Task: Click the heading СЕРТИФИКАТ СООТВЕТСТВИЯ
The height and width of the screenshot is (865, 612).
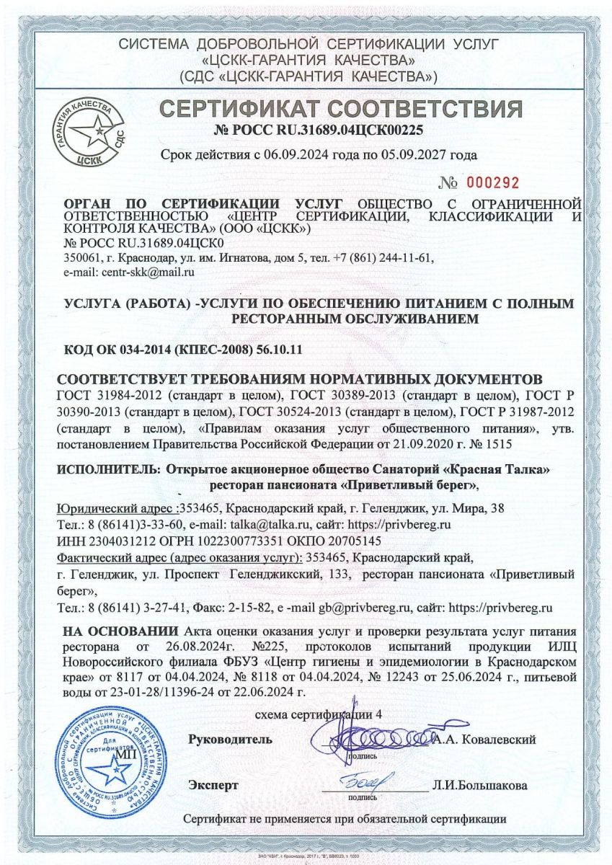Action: pos(340,109)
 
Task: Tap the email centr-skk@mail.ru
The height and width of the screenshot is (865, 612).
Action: pos(129,272)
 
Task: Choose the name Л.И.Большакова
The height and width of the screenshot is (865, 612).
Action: pos(480,785)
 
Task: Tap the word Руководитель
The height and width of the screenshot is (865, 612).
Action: pos(230,740)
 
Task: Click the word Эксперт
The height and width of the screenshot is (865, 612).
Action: pos(213,784)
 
